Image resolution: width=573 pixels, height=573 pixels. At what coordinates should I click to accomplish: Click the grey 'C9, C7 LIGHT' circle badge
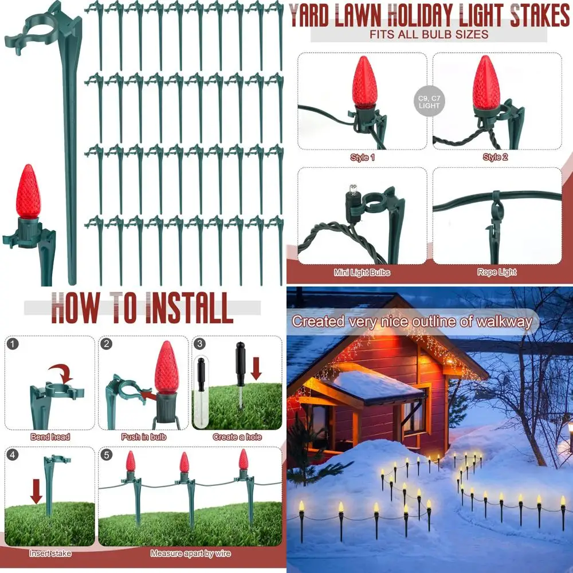429,101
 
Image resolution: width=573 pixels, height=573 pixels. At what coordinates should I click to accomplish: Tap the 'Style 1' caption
362,157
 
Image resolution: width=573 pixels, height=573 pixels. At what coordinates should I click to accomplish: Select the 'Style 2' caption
496,157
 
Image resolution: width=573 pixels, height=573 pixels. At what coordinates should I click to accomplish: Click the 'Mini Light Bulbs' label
362,272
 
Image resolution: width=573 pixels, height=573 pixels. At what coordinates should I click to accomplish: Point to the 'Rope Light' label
496,272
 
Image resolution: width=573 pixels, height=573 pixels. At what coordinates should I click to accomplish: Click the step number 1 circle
14,344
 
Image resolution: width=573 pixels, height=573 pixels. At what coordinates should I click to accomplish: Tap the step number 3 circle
199,344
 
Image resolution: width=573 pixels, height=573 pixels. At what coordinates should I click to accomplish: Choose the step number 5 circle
107,456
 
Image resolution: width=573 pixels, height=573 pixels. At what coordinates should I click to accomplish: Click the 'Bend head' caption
50,437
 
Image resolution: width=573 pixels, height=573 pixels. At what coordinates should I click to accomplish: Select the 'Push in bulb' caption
144,437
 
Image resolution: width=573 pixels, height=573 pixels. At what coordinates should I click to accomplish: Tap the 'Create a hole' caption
237,437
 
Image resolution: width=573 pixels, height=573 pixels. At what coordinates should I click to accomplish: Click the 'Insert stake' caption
50,554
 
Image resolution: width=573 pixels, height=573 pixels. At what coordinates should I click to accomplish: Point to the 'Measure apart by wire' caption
191,554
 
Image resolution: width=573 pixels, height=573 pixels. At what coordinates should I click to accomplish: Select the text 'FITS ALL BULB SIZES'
429,34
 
